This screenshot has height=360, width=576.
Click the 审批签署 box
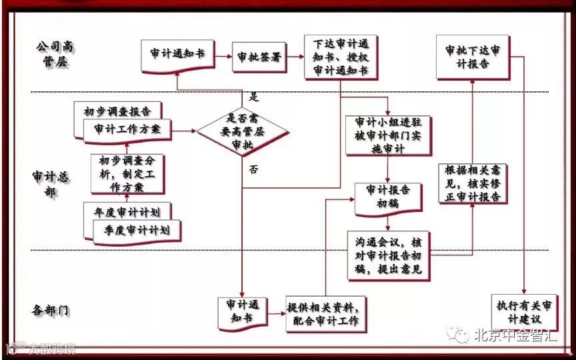click(x=259, y=57)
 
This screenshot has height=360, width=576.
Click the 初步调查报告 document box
click(x=120, y=110)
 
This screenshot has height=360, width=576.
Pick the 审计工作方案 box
click(x=127, y=129)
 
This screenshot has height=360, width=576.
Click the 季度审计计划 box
click(x=136, y=230)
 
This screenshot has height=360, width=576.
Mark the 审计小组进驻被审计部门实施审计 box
click(x=388, y=135)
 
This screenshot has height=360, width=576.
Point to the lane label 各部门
click(x=51, y=310)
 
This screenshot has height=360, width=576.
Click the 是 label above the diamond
click(x=253, y=95)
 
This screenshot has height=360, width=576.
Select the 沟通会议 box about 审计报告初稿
click(x=388, y=256)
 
